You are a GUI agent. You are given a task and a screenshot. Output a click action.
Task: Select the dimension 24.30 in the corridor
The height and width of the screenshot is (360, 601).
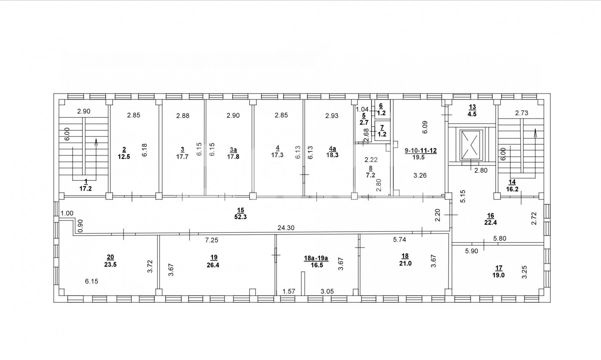tap(286, 228)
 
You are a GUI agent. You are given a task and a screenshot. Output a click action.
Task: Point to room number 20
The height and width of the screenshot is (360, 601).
tap(110, 257)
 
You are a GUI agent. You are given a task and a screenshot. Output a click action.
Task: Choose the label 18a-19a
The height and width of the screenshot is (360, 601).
tap(316, 258)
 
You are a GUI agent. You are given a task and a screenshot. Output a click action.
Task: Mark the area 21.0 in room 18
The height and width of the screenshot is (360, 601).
tap(405, 263)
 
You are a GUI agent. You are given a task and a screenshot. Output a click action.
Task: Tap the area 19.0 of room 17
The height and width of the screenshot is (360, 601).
tap(499, 275)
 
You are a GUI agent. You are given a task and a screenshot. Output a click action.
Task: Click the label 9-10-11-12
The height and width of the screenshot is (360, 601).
tap(421, 151)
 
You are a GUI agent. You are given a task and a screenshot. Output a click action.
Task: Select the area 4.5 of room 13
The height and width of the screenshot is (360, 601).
tap(472, 114)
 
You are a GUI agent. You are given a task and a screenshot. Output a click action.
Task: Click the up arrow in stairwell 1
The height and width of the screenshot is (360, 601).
tap(96, 143)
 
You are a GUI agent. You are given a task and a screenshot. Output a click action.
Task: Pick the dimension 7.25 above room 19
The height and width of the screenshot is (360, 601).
tap(212, 240)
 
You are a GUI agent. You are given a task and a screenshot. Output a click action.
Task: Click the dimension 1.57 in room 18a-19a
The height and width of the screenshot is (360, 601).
tap(289, 291)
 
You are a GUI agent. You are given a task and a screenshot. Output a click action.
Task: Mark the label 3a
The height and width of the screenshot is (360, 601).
tap(233, 150)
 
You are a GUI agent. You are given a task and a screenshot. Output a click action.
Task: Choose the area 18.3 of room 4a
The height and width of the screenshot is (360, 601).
tap(332, 155)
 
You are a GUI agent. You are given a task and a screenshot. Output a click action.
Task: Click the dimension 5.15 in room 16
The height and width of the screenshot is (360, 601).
tap(462, 196)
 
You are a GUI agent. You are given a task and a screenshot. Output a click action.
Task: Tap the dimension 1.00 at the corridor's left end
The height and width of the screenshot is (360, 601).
tap(67, 213)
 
